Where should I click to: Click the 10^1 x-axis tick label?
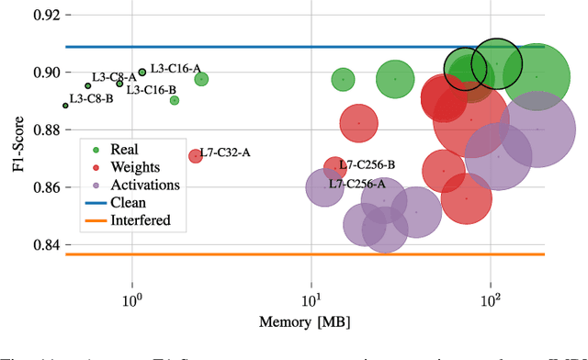(x=311, y=300)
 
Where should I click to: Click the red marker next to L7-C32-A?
(x=195, y=156)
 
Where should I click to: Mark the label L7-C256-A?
(x=357, y=184)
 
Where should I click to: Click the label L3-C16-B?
(x=151, y=90)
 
